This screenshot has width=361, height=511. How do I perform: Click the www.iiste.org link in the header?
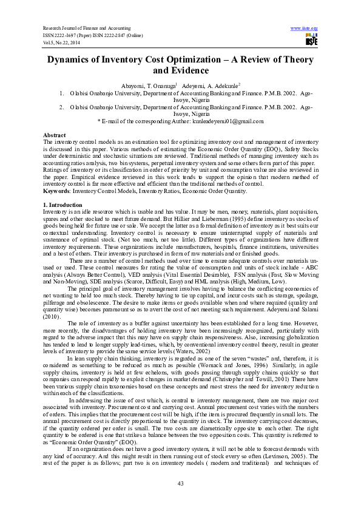coord(305,29)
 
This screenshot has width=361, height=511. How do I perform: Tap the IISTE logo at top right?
coord(311,39)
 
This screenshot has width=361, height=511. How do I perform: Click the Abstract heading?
coord(54,134)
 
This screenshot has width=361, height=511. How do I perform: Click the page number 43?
coord(181,482)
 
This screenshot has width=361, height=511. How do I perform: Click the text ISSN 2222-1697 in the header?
coord(63,35)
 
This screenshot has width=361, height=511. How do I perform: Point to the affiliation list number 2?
coord(62,107)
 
